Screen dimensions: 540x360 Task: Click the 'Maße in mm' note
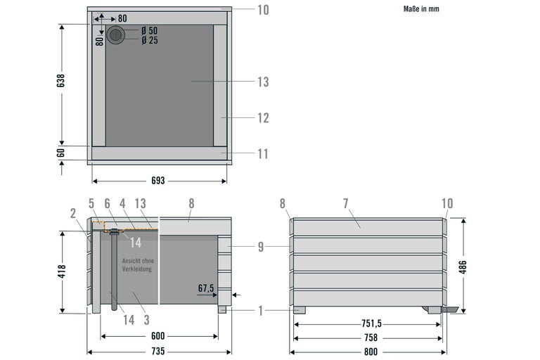pos(421,9)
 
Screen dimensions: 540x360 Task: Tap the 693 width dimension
pos(158,181)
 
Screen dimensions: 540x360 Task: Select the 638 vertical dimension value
pos(61,81)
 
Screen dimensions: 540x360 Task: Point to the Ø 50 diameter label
pos(150,30)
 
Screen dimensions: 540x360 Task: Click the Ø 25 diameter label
pos(150,40)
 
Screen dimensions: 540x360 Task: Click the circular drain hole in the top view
pos(116,34)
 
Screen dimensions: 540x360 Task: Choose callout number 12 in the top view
pos(263,118)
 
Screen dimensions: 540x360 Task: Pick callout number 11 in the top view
pos(263,154)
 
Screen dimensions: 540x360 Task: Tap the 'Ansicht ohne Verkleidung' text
pos(138,265)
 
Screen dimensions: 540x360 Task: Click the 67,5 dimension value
pos(206,288)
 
